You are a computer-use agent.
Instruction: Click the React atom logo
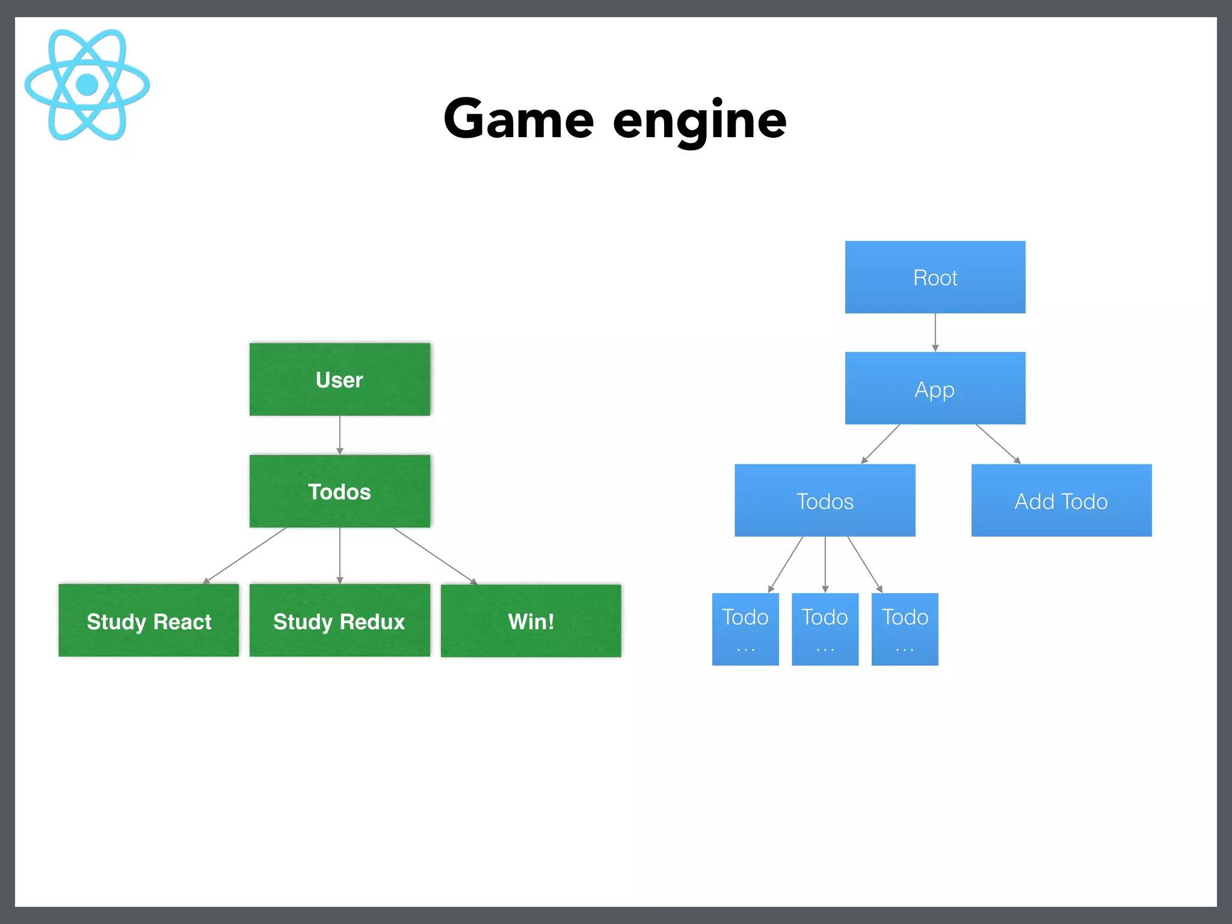(87, 84)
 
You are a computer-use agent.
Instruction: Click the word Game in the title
(519, 119)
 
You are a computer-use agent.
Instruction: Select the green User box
(339, 380)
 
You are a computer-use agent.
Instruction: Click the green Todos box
(339, 491)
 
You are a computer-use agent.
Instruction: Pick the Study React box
(149, 621)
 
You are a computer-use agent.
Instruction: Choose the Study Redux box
(339, 621)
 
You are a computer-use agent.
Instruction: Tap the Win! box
(531, 621)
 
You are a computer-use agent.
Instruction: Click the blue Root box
(935, 277)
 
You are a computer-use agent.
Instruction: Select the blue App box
(935, 389)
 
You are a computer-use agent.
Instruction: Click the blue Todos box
(825, 500)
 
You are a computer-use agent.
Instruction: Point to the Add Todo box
(1061, 500)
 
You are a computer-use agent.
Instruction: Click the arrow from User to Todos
(340, 435)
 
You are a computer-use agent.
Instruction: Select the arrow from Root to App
(935, 332)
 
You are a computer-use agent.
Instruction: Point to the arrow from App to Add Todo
(998, 444)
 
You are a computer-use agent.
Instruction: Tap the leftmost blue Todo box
(745, 629)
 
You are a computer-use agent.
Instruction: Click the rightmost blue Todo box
(905, 629)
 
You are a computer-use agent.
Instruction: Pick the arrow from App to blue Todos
(881, 444)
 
